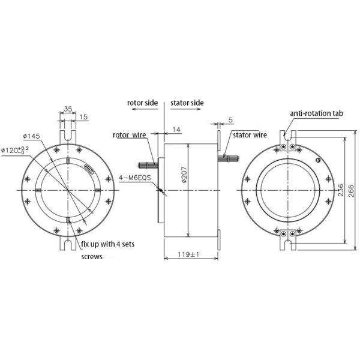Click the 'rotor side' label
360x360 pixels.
pos(142,103)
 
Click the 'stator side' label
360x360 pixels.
pos(187,103)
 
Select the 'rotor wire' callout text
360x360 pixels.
pos(129,135)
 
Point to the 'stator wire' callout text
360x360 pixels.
pos(249,135)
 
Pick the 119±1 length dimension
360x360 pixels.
pos(188,255)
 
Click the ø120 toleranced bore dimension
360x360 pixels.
pos(21,149)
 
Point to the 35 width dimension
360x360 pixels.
pos(67,109)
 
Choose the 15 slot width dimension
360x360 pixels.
pos(84,117)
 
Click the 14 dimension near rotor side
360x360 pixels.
pos(176,130)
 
